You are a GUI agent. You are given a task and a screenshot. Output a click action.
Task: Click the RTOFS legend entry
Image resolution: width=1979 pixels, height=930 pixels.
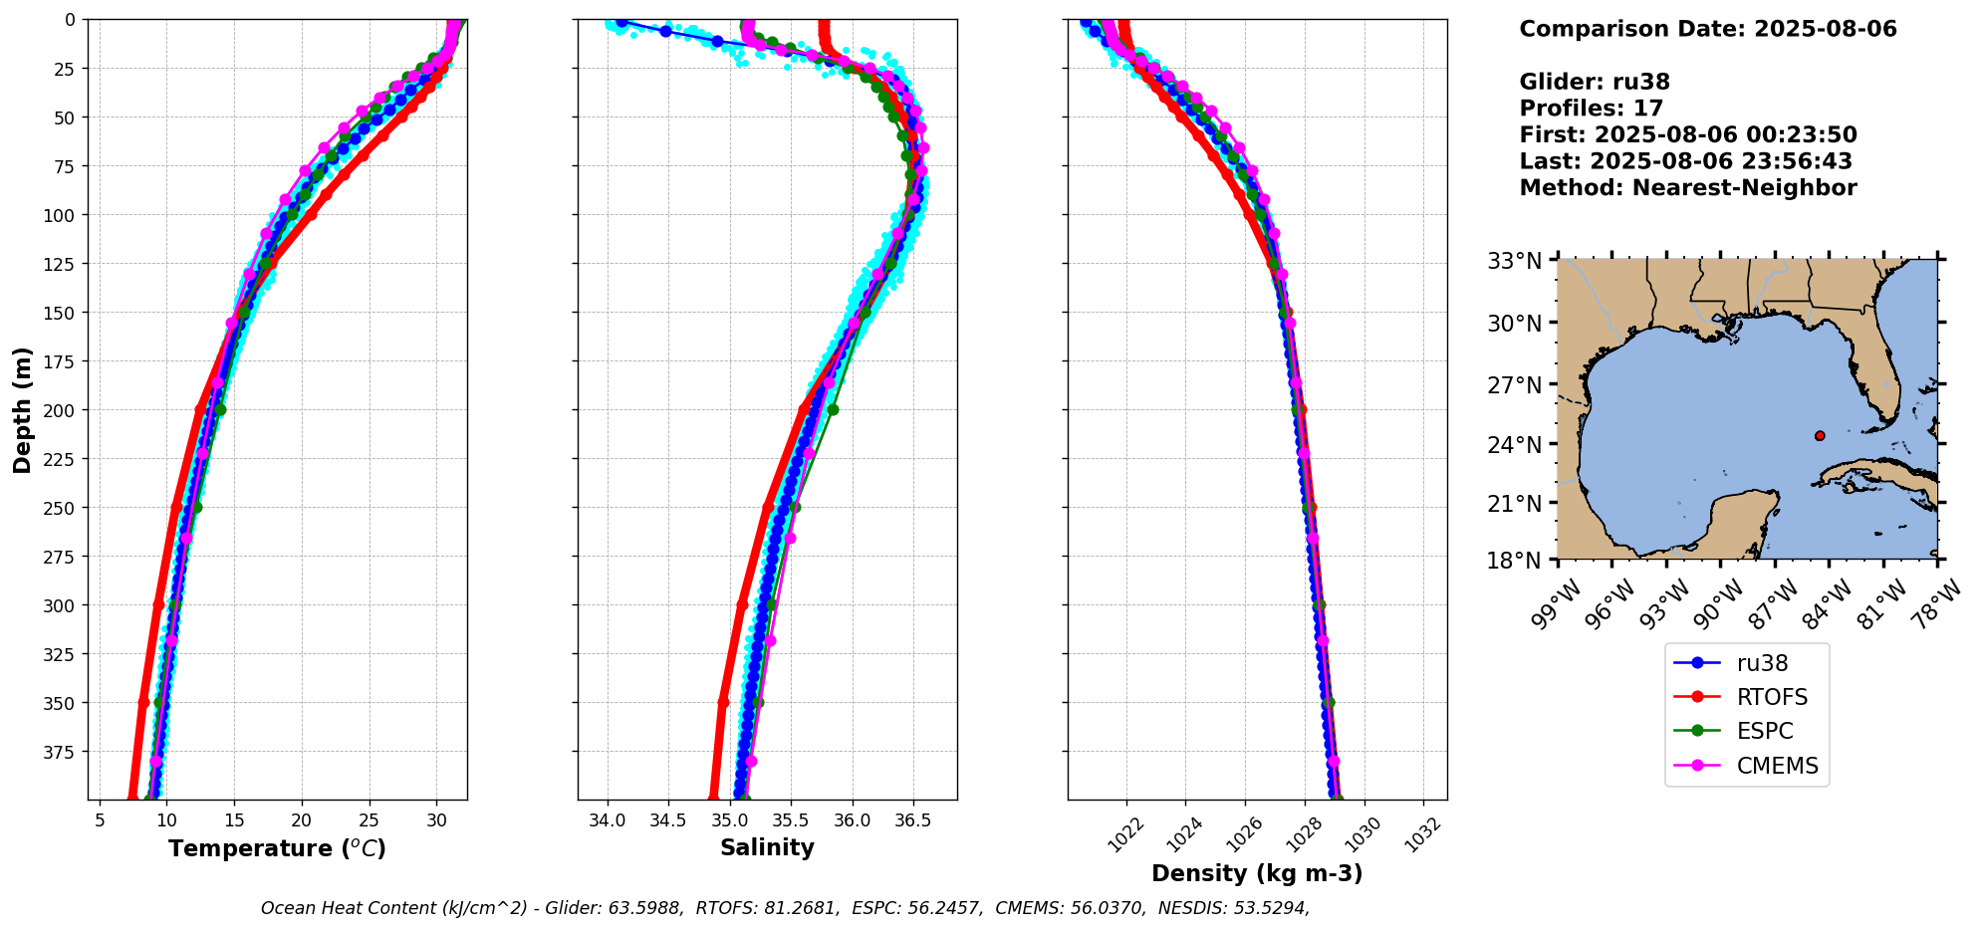1771,697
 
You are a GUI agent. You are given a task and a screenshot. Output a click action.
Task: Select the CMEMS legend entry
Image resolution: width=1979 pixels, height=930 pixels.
1777,766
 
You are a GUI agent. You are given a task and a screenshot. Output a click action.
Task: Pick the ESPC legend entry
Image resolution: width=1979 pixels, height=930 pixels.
1764,731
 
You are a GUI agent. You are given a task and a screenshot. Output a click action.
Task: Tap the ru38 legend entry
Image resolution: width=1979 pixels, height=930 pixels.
1762,663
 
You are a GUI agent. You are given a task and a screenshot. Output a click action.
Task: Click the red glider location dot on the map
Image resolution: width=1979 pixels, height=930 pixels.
1820,435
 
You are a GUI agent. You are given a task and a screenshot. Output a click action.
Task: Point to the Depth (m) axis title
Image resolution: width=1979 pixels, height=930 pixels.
23,409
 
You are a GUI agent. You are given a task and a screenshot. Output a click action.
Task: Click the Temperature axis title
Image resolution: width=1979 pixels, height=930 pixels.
277,848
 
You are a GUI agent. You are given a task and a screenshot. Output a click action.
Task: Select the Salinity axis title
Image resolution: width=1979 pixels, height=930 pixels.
767,847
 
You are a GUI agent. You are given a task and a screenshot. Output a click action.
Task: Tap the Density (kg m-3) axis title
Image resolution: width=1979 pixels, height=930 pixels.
1257,873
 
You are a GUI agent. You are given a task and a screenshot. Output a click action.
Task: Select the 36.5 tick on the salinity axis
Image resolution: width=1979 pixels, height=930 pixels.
913,820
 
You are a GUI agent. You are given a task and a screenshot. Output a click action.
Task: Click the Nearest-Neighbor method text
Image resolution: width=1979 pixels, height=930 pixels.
1744,188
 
